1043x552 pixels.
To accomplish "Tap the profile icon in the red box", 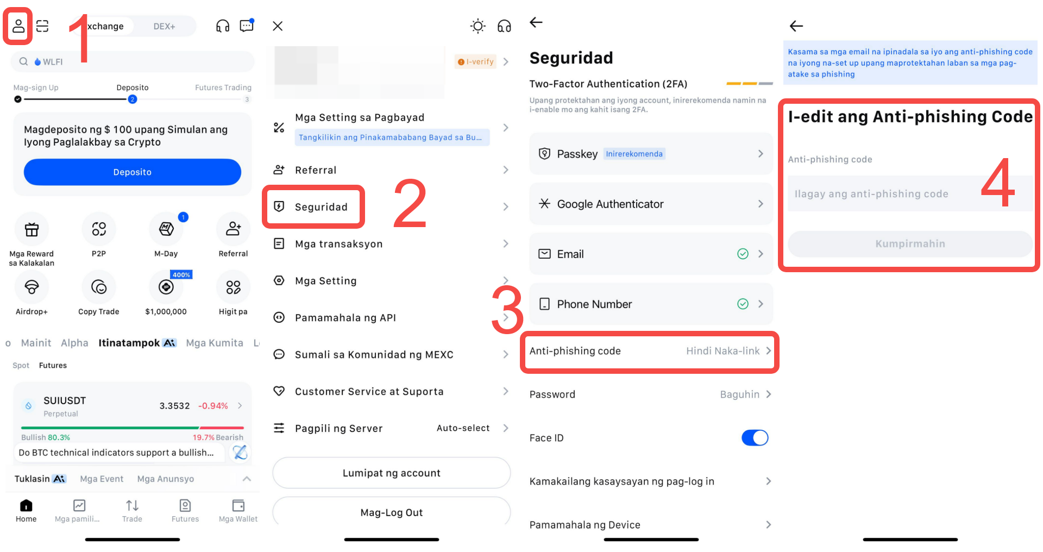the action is [18, 26].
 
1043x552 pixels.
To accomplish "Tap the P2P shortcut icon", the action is [99, 229].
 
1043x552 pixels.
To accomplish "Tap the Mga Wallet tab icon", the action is [238, 505].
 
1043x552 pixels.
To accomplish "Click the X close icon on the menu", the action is [278, 26].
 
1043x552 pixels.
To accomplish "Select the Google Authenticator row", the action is [651, 204].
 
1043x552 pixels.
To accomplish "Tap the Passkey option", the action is [651, 154].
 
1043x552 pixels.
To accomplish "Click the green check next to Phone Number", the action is [743, 304].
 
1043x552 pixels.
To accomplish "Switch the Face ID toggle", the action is [755, 437].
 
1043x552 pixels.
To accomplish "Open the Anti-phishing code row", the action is [650, 351].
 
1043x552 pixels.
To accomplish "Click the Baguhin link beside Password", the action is [739, 394].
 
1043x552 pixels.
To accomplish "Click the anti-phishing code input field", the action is [910, 193].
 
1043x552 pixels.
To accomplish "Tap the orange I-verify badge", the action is [476, 62].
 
